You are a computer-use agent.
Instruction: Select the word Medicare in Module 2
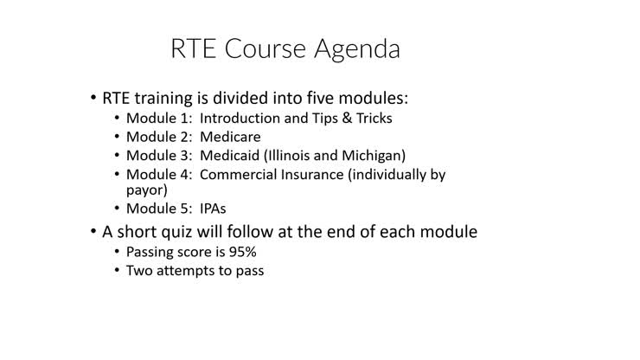(x=230, y=137)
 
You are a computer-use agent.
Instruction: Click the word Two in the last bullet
(x=139, y=271)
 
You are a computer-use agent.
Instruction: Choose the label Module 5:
(x=159, y=209)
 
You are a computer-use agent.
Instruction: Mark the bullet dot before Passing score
(x=117, y=252)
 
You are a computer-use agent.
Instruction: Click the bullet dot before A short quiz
(x=93, y=232)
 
